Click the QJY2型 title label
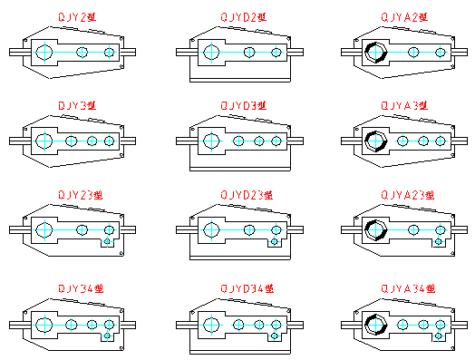[77, 17]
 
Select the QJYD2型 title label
[244, 17]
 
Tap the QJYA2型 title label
[404, 17]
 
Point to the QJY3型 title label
[77, 105]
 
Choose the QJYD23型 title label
[247, 195]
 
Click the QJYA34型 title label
[408, 288]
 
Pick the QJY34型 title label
[81, 288]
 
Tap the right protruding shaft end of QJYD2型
[295, 52]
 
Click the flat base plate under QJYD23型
[240, 258]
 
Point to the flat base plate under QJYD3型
[240, 169]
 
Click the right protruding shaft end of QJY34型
[128, 325]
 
